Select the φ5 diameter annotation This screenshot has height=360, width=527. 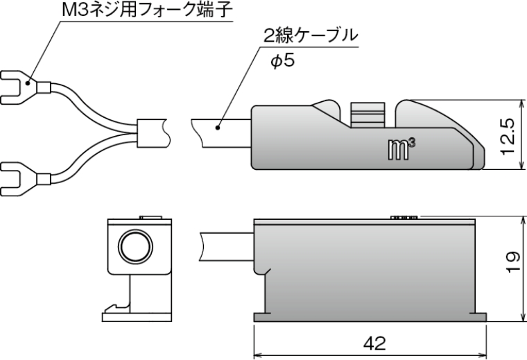(x=282, y=61)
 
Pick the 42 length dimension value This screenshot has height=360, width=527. (x=372, y=343)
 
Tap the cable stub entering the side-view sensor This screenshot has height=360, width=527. (x=226, y=246)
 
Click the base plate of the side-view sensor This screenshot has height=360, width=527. (x=371, y=317)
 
